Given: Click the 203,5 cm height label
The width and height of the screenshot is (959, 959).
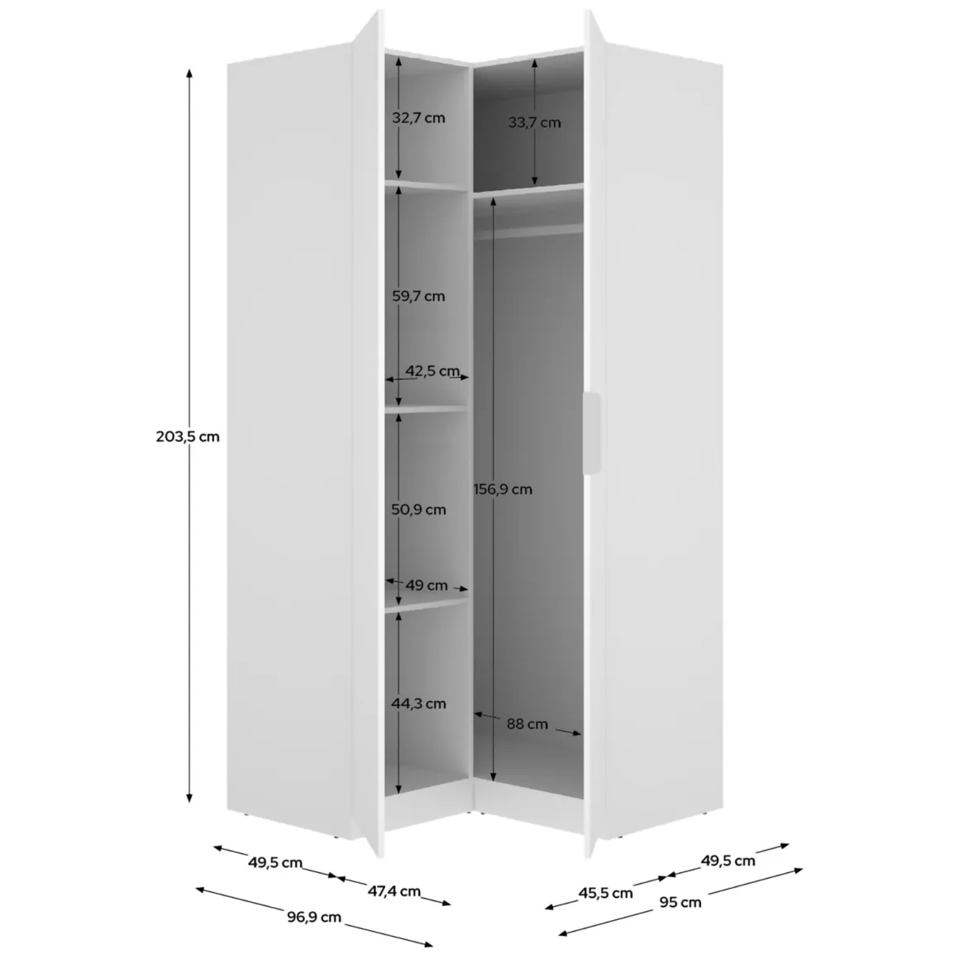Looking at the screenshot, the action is click(x=187, y=437).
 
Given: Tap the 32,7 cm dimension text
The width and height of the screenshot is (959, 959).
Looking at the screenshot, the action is click(x=418, y=117).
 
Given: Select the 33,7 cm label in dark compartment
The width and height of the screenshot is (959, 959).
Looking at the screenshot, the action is click(x=534, y=122).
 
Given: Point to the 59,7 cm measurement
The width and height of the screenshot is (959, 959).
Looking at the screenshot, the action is click(x=418, y=296).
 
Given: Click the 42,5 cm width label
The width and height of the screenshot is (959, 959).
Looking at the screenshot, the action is click(x=432, y=370).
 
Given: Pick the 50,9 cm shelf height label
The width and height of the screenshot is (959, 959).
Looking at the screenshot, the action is click(x=418, y=509).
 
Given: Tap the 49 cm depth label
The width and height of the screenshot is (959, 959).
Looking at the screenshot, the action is click(x=427, y=585).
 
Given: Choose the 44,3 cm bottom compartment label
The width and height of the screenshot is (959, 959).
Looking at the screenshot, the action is click(x=418, y=704).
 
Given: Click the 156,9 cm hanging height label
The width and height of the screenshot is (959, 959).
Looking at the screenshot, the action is click(x=503, y=489).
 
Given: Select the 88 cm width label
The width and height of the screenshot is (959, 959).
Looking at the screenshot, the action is click(x=527, y=724).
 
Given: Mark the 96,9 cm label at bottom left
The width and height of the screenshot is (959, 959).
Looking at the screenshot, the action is click(x=314, y=917).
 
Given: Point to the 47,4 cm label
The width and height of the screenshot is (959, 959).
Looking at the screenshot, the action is click(x=394, y=891).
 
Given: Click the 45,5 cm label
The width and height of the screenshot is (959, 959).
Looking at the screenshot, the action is click(x=605, y=893).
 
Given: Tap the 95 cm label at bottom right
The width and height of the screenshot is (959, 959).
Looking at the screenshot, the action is click(x=680, y=902).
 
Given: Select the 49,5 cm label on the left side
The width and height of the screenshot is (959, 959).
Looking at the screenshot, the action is click(x=275, y=862).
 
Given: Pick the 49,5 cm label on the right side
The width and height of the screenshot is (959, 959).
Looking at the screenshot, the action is click(x=728, y=861).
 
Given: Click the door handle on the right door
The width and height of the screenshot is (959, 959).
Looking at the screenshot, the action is click(x=591, y=433).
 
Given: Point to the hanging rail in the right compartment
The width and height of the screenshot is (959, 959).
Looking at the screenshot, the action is click(x=528, y=231).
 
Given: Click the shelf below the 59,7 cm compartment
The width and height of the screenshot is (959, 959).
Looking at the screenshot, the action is click(x=427, y=409).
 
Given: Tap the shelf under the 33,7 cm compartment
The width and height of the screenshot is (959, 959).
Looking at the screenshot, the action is click(x=528, y=189).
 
